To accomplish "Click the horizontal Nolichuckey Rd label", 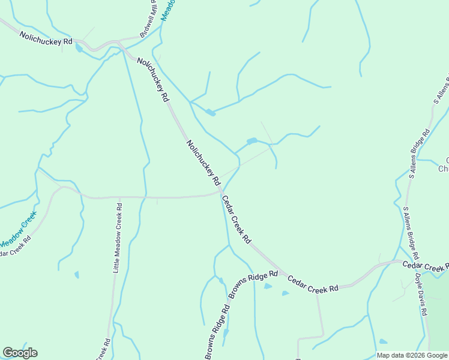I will (x=45, y=38).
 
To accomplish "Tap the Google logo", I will (x=20, y=353).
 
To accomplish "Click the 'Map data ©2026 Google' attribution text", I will (x=412, y=355).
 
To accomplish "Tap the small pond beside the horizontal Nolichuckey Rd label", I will (x=79, y=48).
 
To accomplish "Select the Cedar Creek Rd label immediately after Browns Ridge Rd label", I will (x=313, y=284).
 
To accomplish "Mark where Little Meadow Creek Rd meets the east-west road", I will (x=119, y=196).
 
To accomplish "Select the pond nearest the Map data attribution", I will (x=382, y=341).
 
